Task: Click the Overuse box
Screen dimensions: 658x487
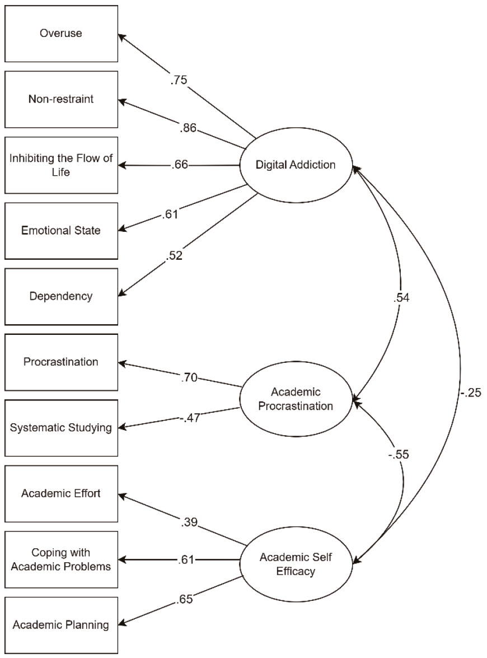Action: click(x=60, y=34)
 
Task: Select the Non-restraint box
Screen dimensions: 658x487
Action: click(x=60, y=100)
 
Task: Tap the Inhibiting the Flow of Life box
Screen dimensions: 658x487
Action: click(x=60, y=165)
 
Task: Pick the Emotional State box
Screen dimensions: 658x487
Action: click(x=60, y=230)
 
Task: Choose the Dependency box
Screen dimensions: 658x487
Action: click(x=60, y=296)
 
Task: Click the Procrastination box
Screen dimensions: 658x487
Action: click(x=60, y=362)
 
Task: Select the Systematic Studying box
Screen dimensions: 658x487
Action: click(x=60, y=428)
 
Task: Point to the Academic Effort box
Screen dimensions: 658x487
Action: click(x=60, y=494)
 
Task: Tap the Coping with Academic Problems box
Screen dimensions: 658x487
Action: click(x=60, y=559)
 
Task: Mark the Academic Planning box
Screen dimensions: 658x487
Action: click(x=60, y=625)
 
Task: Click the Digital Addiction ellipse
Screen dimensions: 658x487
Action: click(x=296, y=165)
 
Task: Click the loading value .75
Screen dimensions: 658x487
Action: click(x=179, y=80)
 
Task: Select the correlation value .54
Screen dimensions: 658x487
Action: click(x=402, y=298)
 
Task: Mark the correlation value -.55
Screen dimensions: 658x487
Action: click(x=398, y=455)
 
